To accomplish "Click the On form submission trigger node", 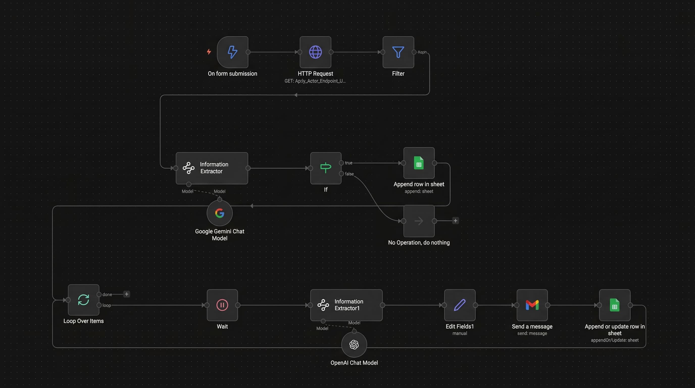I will pos(232,52).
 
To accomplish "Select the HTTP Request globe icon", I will pos(315,52).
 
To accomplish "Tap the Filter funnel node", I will pos(398,52).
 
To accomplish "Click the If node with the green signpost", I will pos(326,168).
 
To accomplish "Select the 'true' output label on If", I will pos(349,163).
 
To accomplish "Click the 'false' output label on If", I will pos(349,174).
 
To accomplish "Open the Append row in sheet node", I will pos(419,163).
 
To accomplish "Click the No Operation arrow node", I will pos(419,221).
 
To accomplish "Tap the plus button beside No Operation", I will pos(455,221).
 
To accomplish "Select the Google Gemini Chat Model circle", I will pos(220,213).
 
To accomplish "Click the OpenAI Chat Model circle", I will pos(354,345).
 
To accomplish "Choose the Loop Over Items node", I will pos(83,300).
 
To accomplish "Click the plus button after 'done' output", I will pos(127,294).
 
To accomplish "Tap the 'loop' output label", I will pos(107,305).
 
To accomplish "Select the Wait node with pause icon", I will pos(222,305).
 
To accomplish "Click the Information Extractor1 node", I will pos(346,305).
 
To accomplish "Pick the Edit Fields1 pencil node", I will pos(460,305).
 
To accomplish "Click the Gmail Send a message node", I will pos(532,305).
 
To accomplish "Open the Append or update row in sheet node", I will pos(615,305).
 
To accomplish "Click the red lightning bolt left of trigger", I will pos(209,52).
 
